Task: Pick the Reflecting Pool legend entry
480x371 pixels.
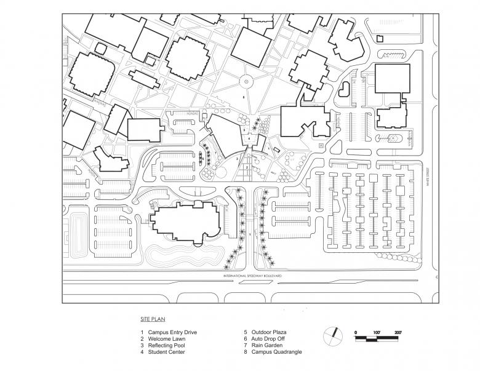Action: (x=167, y=346)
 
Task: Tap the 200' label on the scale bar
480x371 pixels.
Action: (x=399, y=332)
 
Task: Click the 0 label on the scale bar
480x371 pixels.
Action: (x=356, y=332)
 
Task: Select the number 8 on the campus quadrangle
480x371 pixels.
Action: (x=244, y=98)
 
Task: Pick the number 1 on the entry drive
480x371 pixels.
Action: (x=249, y=234)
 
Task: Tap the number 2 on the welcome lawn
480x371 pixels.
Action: (x=247, y=167)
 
